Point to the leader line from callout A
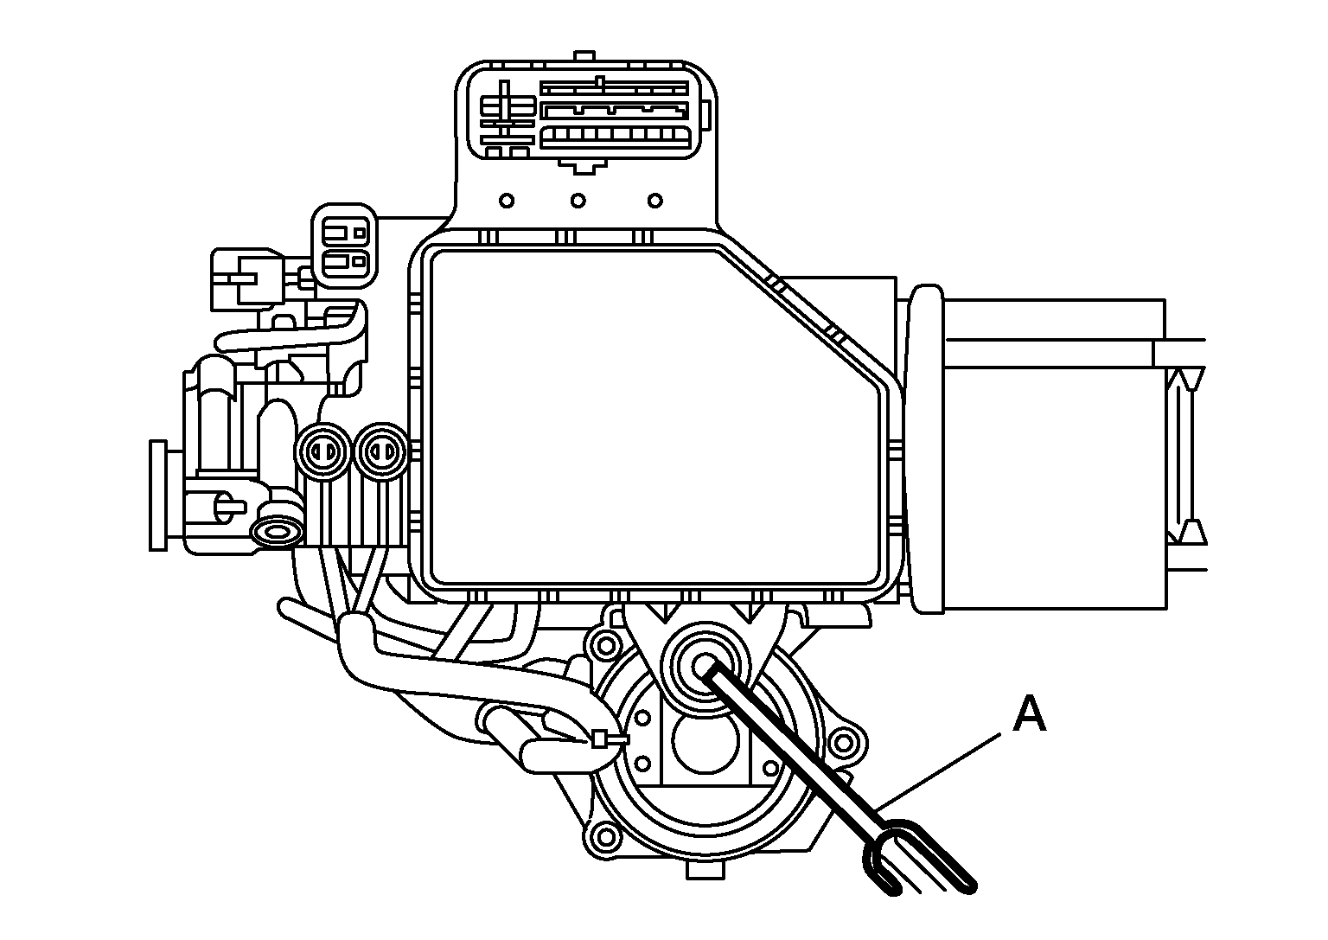click(938, 771)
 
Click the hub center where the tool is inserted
click(705, 665)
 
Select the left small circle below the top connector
click(507, 201)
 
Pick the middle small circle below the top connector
click(578, 201)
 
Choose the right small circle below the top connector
click(655, 201)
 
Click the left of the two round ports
click(323, 452)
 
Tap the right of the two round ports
click(382, 452)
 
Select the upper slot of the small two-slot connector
click(344, 232)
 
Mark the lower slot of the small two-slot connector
click(344, 260)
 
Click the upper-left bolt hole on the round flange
click(605, 644)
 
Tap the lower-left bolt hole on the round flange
click(605, 836)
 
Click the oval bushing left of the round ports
click(277, 531)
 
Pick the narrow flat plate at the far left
click(157, 496)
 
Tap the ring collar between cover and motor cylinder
click(927, 449)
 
